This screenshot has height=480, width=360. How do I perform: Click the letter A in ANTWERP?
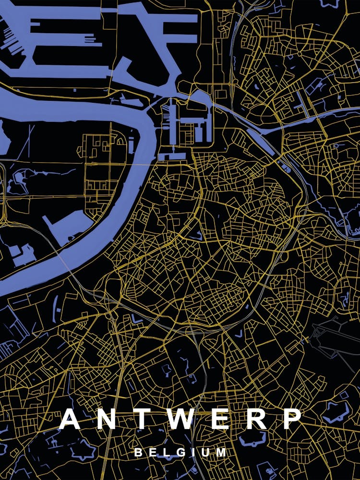(x=70, y=419)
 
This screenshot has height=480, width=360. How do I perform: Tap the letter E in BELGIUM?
(x=153, y=452)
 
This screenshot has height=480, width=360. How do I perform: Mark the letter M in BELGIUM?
(x=221, y=452)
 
